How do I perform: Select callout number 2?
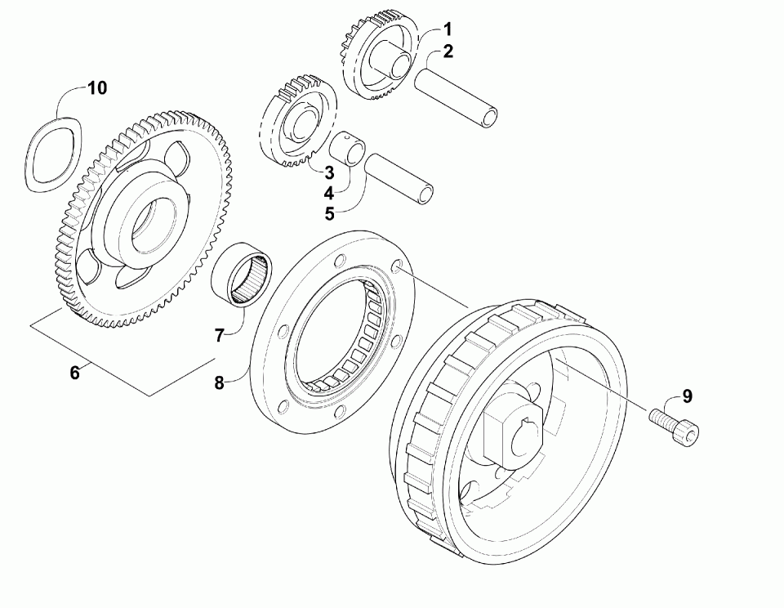pos(448,52)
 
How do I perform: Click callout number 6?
pos(74,373)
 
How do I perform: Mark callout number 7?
pos(219,335)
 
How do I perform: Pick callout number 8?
pos(219,382)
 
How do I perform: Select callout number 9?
pos(687,396)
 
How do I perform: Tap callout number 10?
pos(97,88)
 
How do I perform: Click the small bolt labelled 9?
pos(675,429)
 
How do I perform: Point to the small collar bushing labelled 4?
pos(345,152)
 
